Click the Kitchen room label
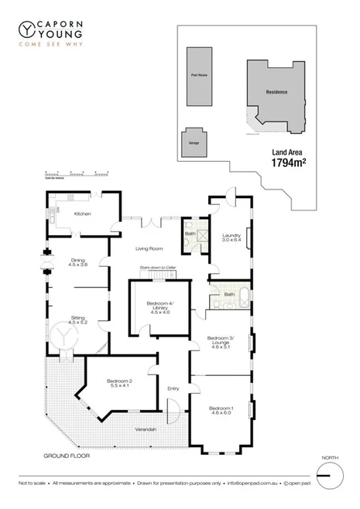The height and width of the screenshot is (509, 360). [82, 214]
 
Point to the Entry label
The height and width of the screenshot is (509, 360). [173, 388]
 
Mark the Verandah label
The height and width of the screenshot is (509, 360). [146, 429]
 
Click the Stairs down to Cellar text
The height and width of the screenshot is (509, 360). [159, 267]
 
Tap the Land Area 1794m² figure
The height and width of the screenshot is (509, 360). [288, 159]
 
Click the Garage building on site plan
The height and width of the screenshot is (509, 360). [194, 143]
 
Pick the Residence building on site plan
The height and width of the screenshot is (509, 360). [276, 92]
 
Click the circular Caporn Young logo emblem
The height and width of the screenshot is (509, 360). [27, 29]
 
